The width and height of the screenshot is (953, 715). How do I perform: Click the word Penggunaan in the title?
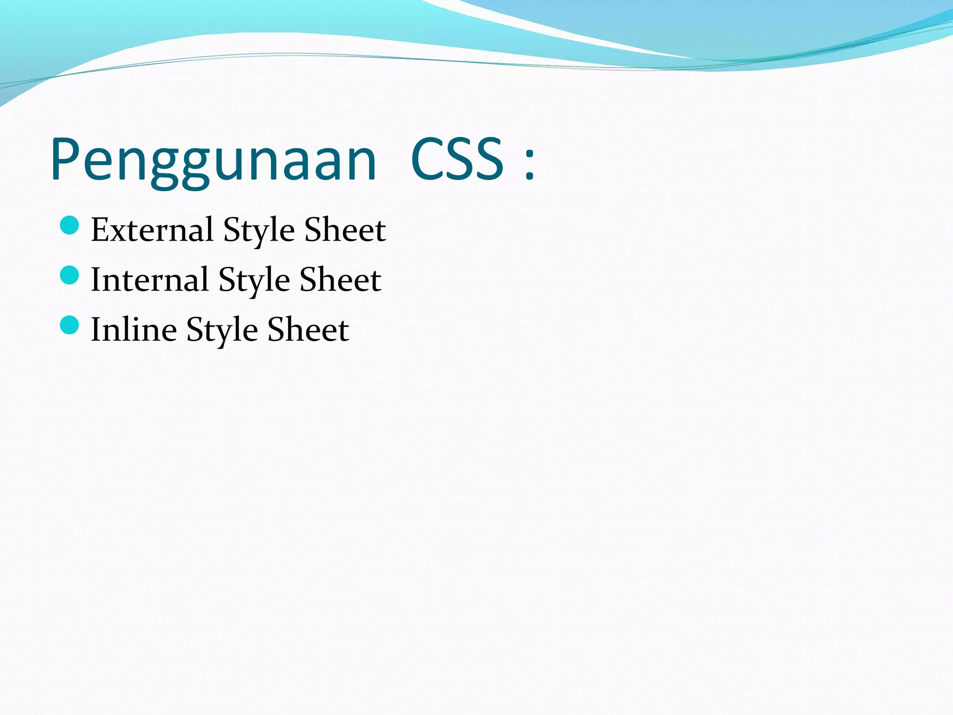click(x=213, y=161)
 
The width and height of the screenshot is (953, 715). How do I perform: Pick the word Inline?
click(x=134, y=329)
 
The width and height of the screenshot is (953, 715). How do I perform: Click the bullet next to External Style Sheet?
click(x=70, y=225)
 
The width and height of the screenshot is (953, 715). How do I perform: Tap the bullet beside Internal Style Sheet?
click(x=70, y=275)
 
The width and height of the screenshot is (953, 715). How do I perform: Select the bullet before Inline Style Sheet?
click(x=70, y=325)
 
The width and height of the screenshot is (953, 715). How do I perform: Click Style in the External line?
click(x=259, y=231)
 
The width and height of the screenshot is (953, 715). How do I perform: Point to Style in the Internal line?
click(x=254, y=281)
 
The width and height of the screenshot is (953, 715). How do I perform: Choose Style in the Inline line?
click(x=222, y=331)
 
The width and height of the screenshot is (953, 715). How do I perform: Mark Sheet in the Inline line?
click(x=308, y=329)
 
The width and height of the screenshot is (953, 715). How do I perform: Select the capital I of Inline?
click(x=96, y=329)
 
